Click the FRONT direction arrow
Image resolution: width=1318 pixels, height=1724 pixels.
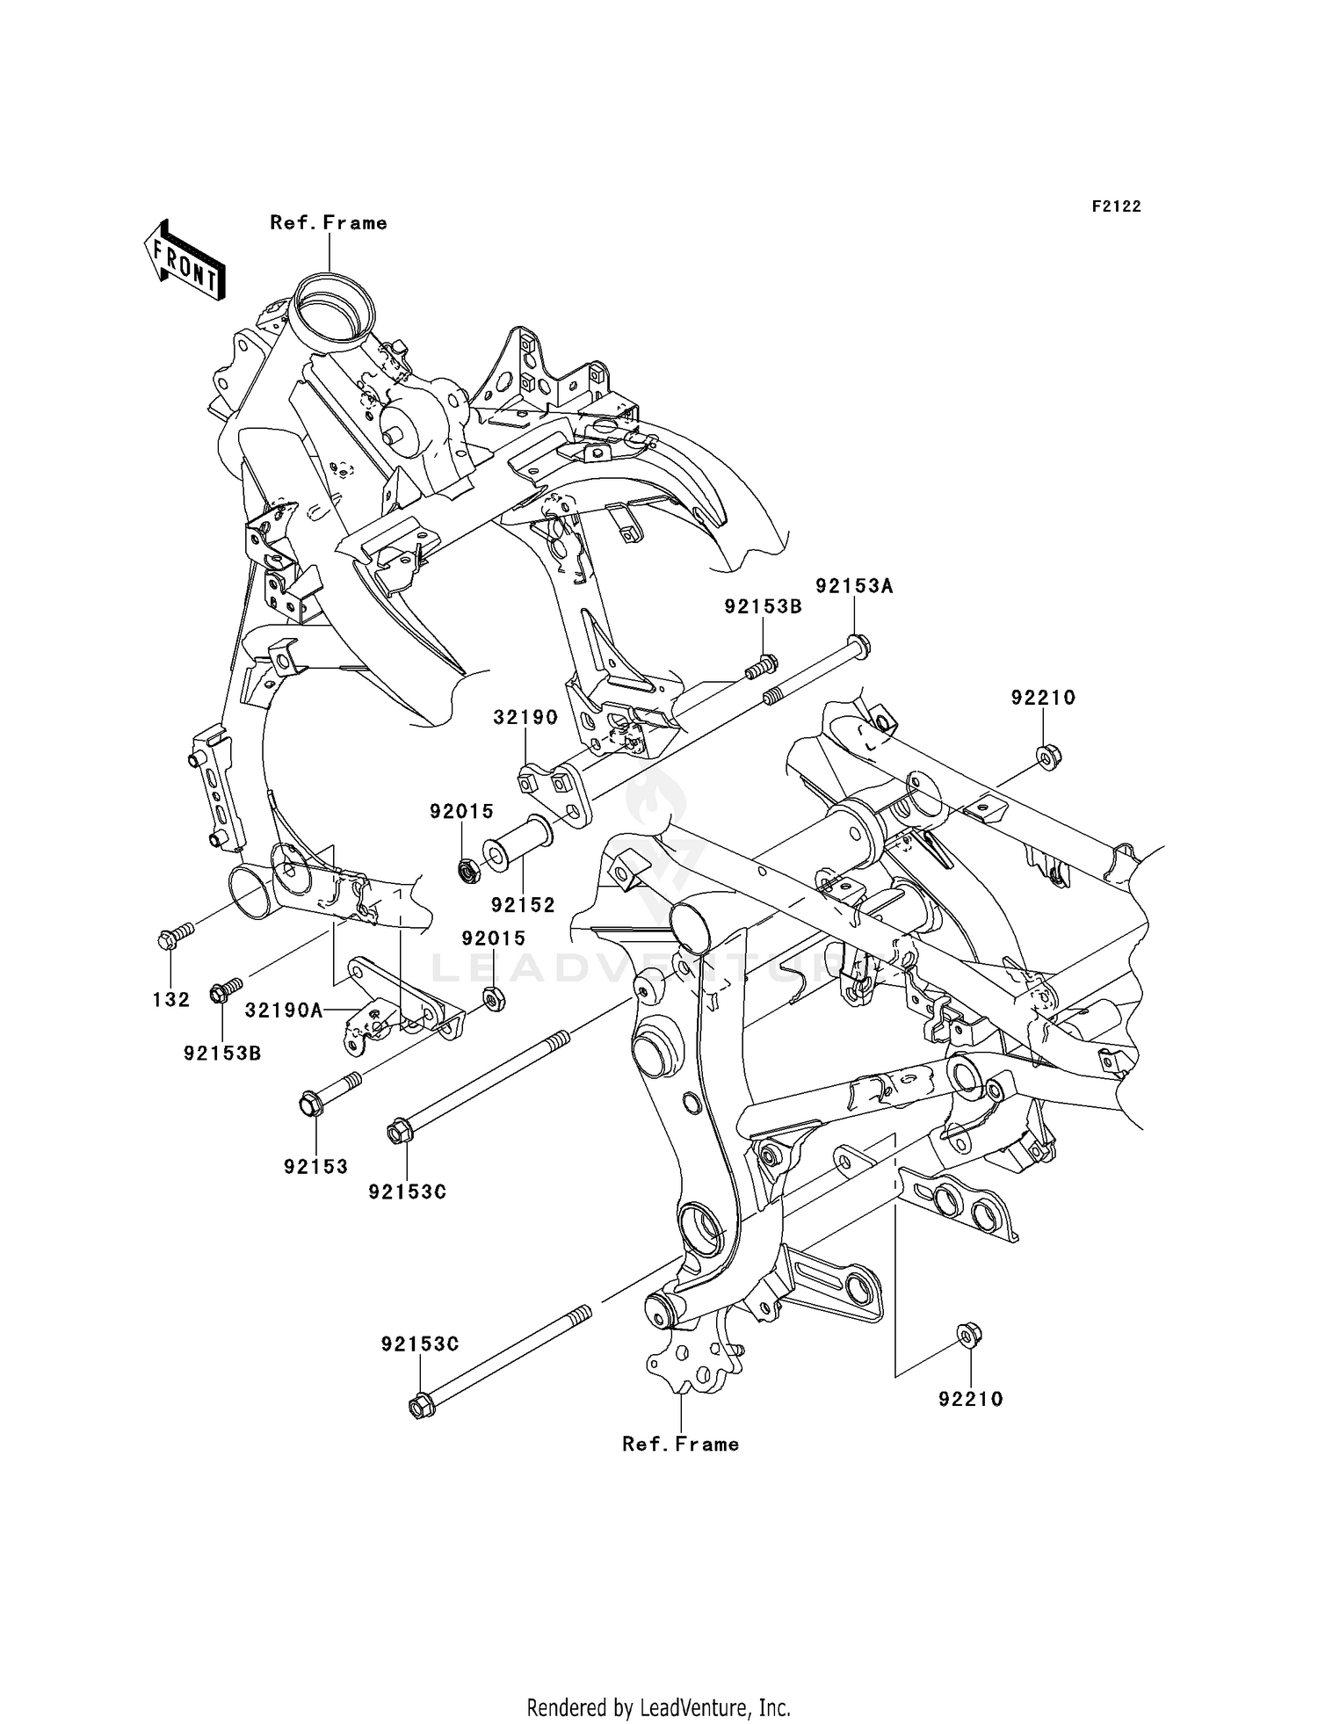tap(184, 260)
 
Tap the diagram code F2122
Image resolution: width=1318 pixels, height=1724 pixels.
tap(1116, 206)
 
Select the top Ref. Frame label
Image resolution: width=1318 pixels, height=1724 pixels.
tap(329, 223)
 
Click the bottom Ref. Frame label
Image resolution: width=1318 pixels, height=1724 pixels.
tap(680, 1445)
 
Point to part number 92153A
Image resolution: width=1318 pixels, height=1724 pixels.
tap(853, 586)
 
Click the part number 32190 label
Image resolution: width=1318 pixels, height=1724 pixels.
tap(525, 717)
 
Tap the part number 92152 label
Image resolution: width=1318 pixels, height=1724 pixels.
tap(523, 905)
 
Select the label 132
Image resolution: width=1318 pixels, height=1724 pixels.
tap(171, 999)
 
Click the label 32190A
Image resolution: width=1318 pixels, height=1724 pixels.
tap(284, 1010)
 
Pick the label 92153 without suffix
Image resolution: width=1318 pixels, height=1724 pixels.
tap(315, 1167)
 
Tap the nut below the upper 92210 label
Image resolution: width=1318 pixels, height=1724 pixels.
tap(1046, 756)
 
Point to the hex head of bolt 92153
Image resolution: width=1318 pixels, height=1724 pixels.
tap(311, 1105)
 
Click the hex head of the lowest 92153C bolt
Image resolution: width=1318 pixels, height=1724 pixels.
tap(421, 1406)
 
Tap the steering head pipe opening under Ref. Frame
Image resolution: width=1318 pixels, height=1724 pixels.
tap(334, 309)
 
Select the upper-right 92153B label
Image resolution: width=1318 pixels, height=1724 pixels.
tap(763, 606)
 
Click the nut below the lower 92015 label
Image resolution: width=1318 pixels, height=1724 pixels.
tap(494, 999)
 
